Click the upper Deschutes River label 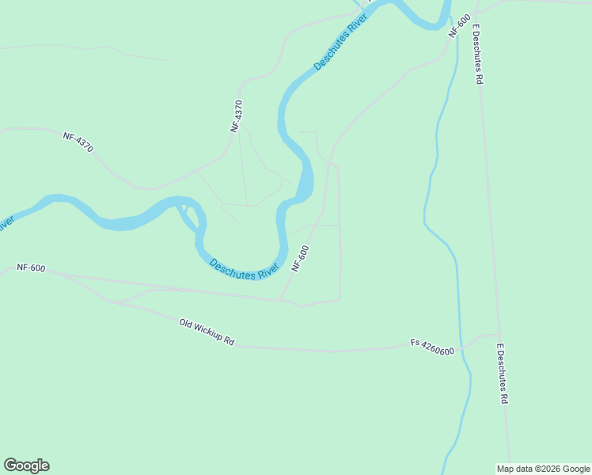point(340,42)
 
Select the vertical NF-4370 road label point(237,116)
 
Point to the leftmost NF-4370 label point(78,142)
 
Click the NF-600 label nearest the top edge point(460,25)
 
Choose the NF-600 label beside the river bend point(300,258)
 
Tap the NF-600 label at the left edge point(31,268)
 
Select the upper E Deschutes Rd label point(478,54)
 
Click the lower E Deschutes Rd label point(501,374)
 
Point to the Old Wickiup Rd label point(207,332)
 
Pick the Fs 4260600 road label point(432,347)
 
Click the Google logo point(26,465)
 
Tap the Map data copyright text point(543,469)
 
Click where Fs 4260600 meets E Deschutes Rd point(499,334)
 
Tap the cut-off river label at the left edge point(6,224)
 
